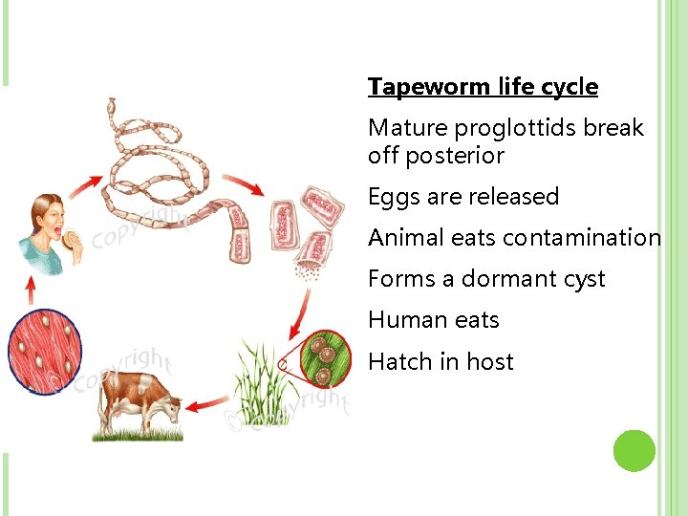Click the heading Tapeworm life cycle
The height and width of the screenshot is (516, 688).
[483, 87]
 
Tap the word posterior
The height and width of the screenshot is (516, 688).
[455, 155]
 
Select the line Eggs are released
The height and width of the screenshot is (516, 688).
[463, 197]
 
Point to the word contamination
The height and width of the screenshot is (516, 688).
[582, 238]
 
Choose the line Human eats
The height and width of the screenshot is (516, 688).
[434, 320]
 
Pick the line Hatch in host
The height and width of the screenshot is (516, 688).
[441, 361]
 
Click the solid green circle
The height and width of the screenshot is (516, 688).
[634, 451]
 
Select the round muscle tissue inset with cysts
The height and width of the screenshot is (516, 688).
[44, 352]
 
